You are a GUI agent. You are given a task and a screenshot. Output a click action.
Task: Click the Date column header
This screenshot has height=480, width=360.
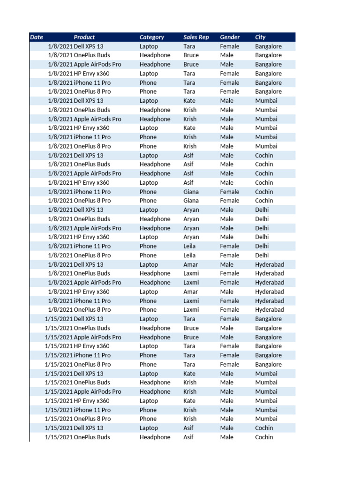tap(37, 37)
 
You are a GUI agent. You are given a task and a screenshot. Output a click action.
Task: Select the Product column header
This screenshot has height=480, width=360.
tap(84, 37)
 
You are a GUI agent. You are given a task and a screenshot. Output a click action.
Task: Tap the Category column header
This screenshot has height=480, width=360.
tap(152, 37)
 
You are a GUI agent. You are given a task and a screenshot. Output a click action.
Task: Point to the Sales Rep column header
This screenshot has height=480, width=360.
tap(196, 37)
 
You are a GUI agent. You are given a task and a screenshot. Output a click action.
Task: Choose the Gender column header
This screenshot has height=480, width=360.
tap(230, 37)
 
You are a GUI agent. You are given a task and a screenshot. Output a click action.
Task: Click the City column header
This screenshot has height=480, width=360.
tap(260, 37)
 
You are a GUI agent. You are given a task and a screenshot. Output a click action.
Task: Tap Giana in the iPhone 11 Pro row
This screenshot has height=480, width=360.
tap(191, 192)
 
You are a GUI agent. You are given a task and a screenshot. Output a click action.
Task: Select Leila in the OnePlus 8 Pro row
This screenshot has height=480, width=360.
tap(190, 255)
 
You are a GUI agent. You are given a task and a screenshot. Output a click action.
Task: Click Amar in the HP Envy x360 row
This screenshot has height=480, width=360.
tap(190, 292)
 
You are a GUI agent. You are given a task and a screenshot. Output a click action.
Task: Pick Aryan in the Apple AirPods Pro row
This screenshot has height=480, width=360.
tap(191, 228)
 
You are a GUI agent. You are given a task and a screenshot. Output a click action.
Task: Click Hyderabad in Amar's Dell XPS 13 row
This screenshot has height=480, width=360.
tap(270, 264)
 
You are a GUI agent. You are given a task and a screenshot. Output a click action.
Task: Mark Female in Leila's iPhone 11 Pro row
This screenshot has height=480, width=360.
tap(230, 246)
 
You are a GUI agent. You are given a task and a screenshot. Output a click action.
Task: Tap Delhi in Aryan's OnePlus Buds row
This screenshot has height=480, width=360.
tap(262, 219)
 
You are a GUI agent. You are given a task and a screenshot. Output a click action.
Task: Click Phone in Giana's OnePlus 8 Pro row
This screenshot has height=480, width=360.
tap(148, 201)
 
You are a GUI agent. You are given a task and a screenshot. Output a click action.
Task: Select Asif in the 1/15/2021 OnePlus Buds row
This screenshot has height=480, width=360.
tap(188, 437)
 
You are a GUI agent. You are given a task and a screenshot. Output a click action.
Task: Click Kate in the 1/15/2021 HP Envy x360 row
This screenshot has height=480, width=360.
tap(189, 401)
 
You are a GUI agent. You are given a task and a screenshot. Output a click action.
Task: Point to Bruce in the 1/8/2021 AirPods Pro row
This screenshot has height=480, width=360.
tap(191, 64)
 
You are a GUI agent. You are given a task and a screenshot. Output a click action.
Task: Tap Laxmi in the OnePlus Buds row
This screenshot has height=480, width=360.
tap(191, 273)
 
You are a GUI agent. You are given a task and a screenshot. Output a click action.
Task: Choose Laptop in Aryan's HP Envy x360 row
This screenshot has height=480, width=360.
tap(149, 237)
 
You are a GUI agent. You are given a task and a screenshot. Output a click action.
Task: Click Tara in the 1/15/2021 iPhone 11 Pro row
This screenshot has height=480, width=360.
tap(189, 355)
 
